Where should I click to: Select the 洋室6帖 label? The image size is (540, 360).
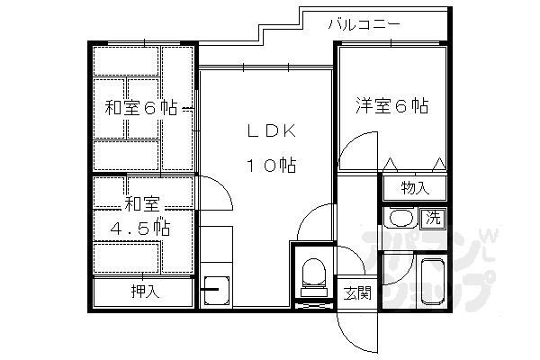point(390,105)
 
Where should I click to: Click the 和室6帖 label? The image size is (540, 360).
point(141,108)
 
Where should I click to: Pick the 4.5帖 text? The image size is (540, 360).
point(141,228)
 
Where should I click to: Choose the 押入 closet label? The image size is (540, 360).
point(144,292)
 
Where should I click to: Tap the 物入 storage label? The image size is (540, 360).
point(413,188)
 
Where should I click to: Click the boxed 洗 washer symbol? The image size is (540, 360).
point(434,217)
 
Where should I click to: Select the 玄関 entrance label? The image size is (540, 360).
point(357,292)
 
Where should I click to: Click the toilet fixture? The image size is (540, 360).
point(313,273)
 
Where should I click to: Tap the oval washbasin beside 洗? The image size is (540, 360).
point(400,219)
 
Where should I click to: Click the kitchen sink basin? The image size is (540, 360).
point(216,289)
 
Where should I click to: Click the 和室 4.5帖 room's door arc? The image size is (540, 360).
point(215,191)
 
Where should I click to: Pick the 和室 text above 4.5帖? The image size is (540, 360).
point(141,203)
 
